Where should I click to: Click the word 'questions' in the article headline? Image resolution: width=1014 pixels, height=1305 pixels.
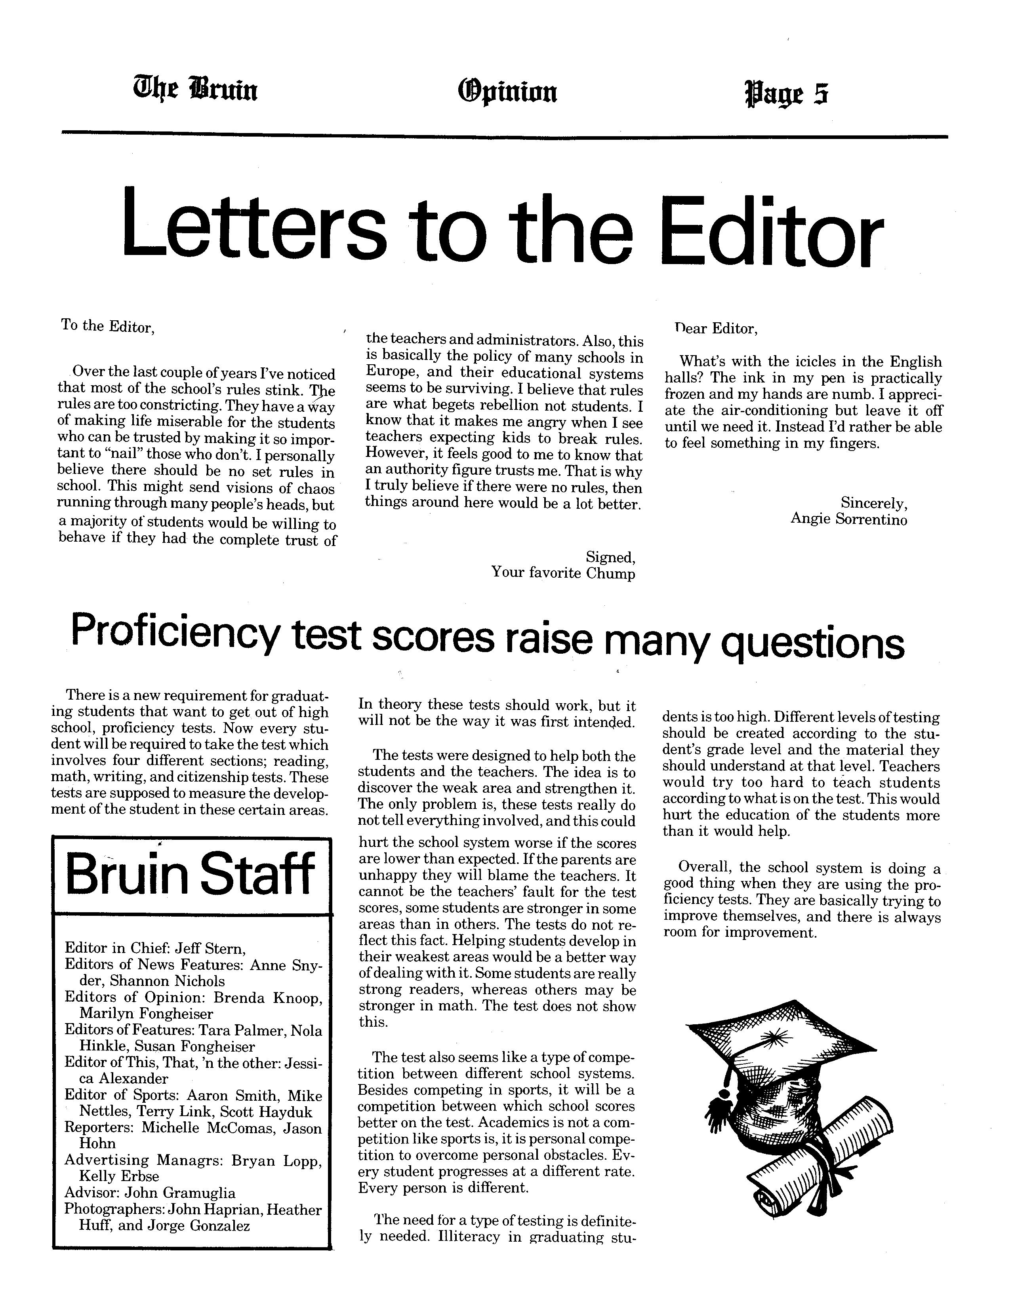click(813, 643)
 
